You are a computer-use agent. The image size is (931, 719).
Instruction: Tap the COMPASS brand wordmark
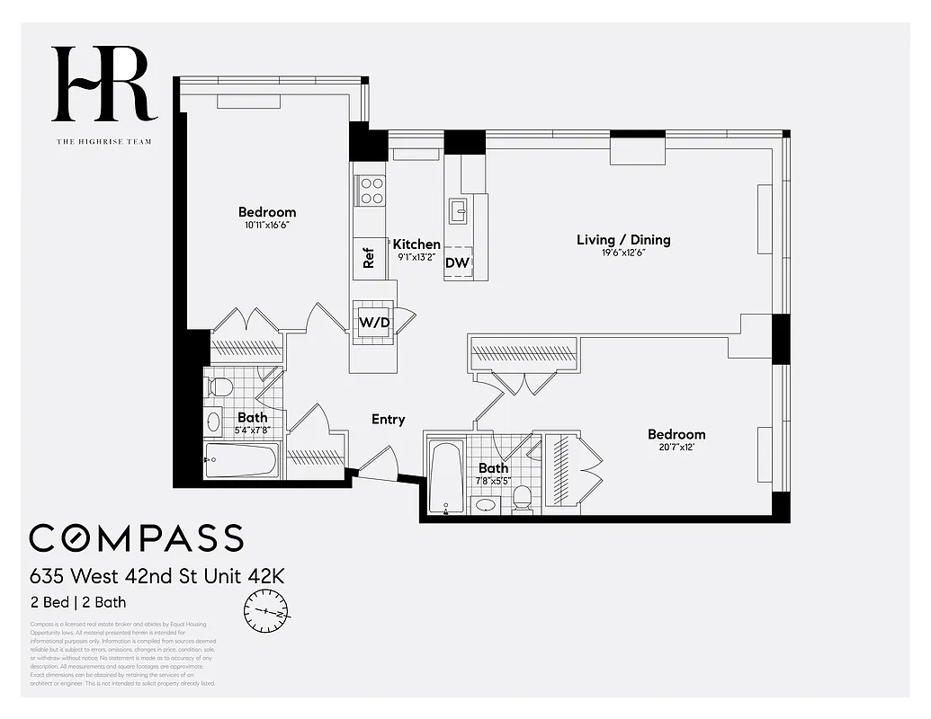click(136, 537)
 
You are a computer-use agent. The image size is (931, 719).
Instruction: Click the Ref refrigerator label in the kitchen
click(368, 258)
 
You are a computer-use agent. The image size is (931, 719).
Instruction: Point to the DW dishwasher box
click(458, 262)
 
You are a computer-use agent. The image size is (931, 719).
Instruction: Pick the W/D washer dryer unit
click(373, 321)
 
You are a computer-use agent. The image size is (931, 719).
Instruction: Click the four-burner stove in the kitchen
click(370, 191)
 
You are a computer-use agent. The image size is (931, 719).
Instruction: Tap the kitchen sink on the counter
click(458, 211)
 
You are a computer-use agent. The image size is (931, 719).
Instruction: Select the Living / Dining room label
click(623, 240)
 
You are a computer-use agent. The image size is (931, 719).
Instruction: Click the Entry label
click(389, 419)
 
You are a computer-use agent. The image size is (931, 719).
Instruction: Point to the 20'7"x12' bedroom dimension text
click(676, 448)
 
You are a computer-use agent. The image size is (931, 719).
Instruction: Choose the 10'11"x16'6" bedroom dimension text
click(266, 225)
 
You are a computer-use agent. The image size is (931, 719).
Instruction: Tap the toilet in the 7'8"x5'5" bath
click(521, 498)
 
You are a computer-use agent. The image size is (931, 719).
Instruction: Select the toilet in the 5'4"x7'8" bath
click(219, 387)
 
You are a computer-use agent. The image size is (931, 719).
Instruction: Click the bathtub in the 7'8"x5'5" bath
click(445, 476)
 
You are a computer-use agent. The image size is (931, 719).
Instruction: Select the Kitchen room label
click(416, 244)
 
